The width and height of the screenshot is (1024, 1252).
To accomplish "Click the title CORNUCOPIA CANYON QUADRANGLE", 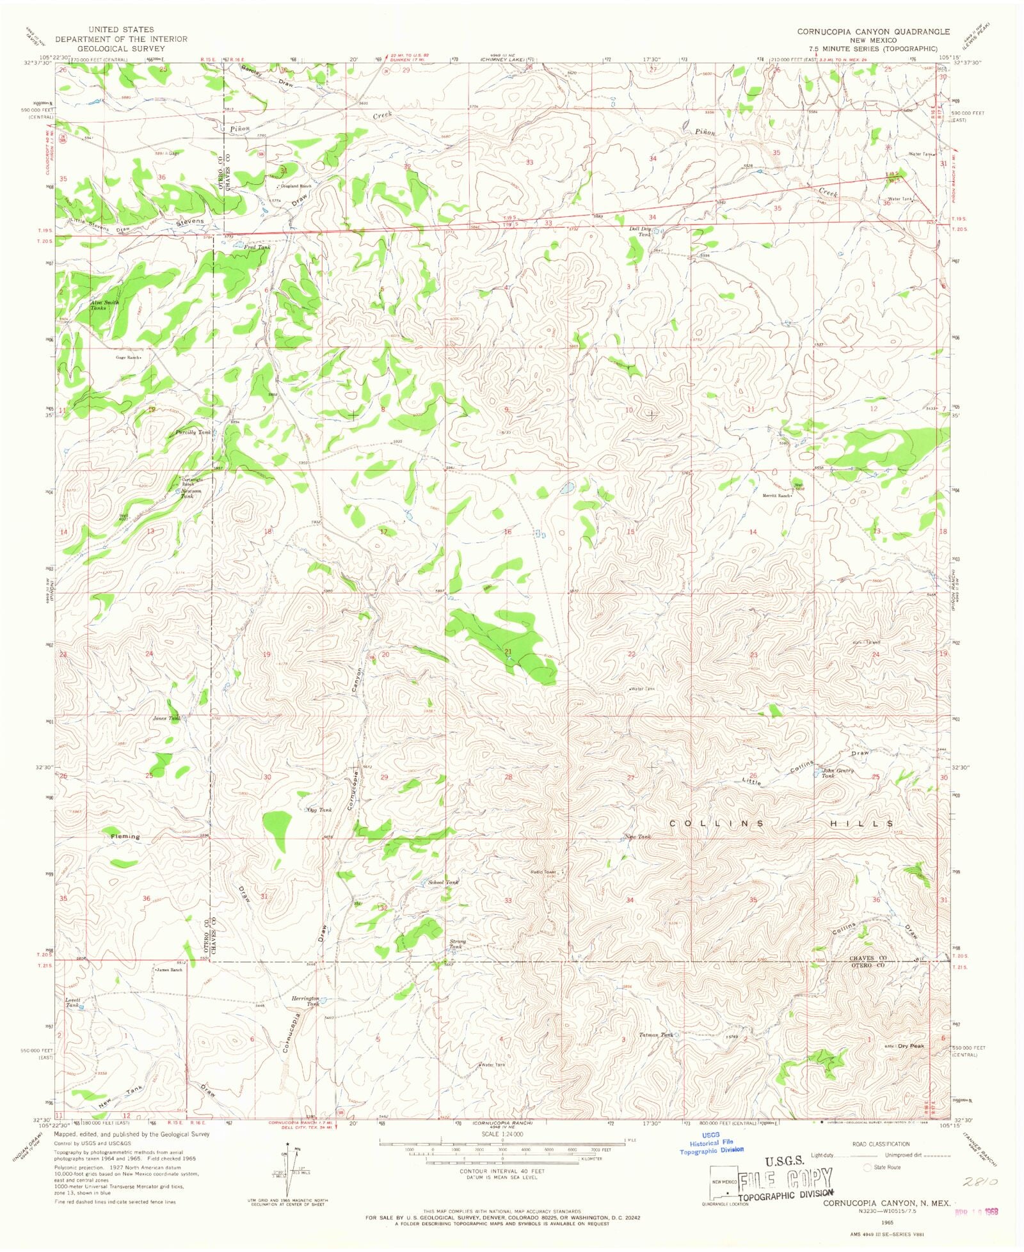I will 873,31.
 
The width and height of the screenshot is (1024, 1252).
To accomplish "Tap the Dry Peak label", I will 911,1046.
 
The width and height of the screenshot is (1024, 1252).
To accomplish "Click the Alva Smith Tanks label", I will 104,305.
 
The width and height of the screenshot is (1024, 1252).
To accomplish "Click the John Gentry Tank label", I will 838,773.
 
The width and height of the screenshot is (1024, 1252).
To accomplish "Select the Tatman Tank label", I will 655,1034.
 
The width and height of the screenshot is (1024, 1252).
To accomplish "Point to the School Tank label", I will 443,882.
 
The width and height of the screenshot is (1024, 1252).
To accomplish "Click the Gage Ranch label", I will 127,358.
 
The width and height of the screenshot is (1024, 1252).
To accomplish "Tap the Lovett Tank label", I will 72,1002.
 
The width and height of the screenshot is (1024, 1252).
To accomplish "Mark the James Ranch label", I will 169,970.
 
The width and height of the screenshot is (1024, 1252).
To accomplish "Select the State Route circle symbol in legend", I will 868,1167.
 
